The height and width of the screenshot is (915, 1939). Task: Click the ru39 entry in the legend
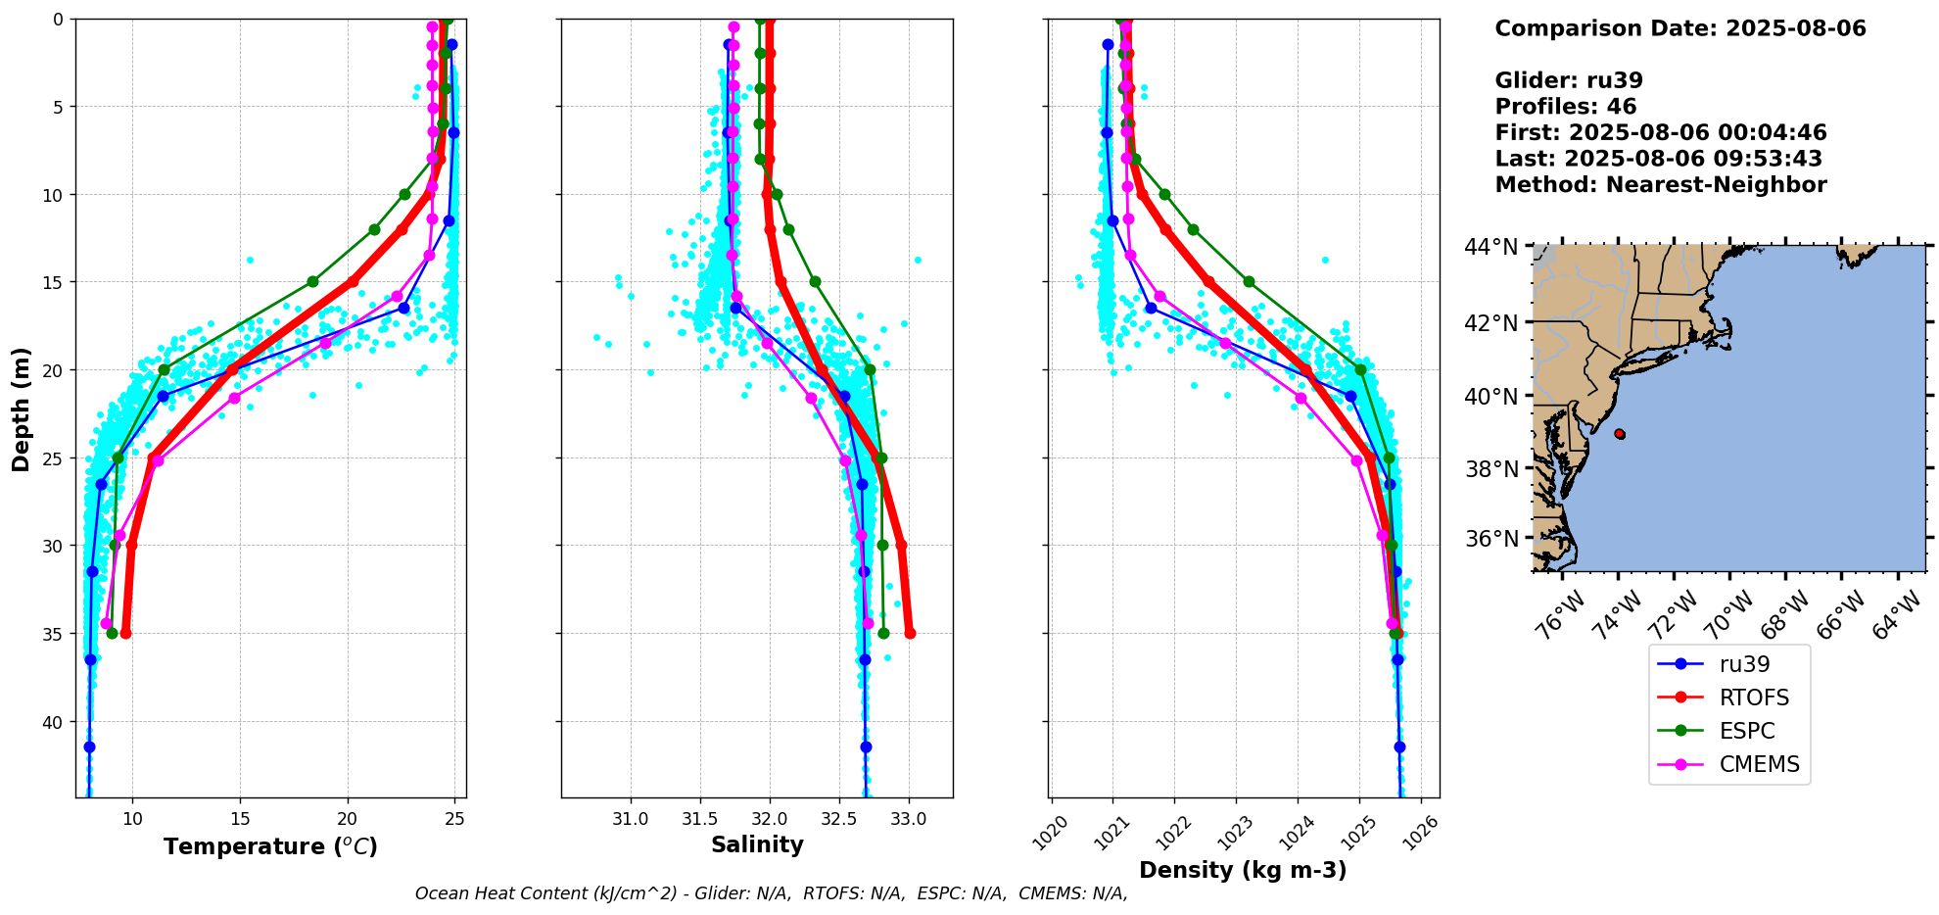1744,664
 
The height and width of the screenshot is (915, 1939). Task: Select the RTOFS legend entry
1754,698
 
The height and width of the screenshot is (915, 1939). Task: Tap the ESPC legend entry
1747,731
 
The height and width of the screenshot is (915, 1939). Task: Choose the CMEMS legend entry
1759,764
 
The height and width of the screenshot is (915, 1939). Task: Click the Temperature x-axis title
270,846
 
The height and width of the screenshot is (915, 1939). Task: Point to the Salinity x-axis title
757,844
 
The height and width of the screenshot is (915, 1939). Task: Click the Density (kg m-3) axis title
1243,870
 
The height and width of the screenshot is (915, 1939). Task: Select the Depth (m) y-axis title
22,409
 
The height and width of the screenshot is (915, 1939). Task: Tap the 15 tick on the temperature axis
240,819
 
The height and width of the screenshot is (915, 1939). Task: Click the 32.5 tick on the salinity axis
839,819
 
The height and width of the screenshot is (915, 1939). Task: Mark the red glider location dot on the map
1619,433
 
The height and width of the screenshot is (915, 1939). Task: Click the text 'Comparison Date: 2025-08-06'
1679,28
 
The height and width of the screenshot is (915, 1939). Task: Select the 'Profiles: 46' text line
1565,107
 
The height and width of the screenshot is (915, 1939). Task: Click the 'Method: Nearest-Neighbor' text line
1660,185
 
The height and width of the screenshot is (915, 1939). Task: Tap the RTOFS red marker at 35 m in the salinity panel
910,633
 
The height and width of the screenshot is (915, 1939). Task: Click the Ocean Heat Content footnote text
771,893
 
